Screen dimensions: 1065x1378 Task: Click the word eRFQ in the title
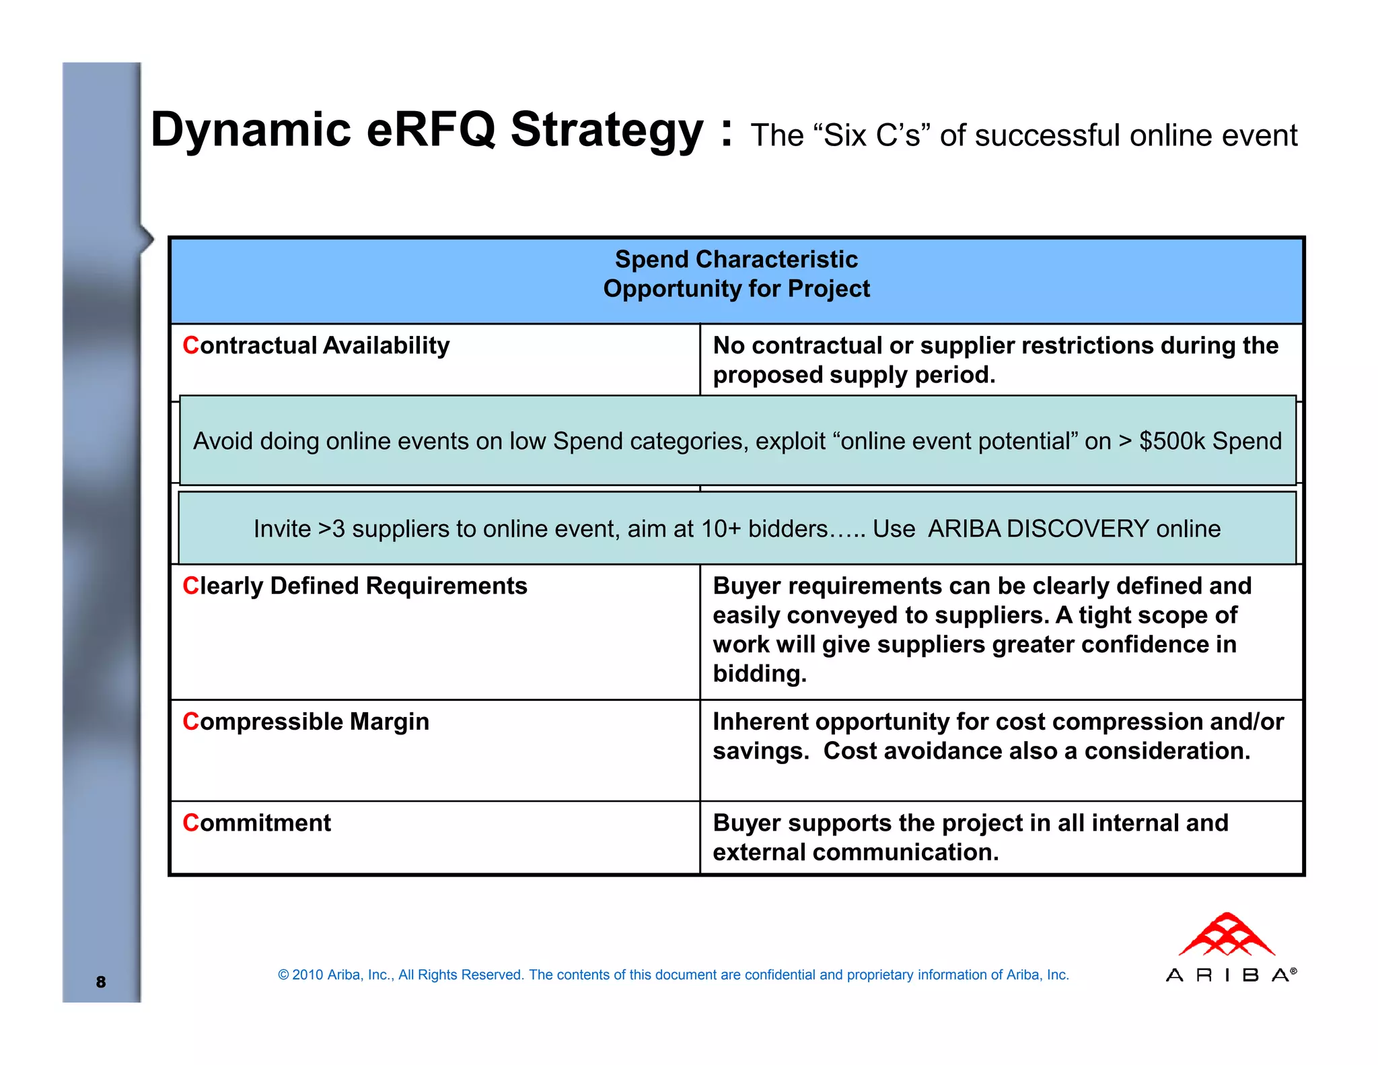(x=431, y=129)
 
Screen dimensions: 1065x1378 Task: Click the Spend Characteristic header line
(x=736, y=259)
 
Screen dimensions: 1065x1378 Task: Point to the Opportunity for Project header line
(x=736, y=289)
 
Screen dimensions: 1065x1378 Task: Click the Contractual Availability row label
(x=316, y=345)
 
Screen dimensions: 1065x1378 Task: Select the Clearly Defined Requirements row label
(x=355, y=586)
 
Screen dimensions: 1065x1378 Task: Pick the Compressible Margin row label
(x=305, y=722)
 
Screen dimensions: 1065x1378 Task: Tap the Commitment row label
(x=257, y=823)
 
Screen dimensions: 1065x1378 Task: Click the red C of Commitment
(x=190, y=823)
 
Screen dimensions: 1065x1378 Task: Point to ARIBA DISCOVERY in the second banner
(x=1038, y=528)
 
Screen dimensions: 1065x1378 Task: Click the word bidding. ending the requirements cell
(x=759, y=674)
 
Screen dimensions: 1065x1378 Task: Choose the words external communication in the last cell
(x=855, y=852)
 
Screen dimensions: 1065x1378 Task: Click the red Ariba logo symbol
(x=1227, y=935)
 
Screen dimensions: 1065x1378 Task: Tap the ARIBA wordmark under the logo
(x=1227, y=975)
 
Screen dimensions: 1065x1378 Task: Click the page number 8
(x=101, y=982)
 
